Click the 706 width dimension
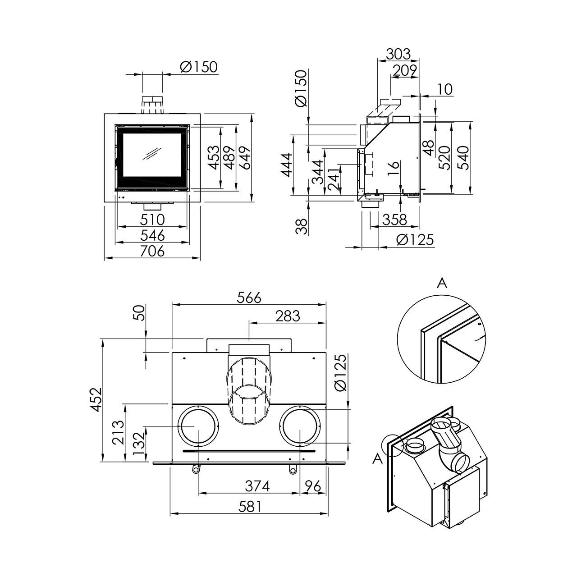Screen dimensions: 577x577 tap(152, 251)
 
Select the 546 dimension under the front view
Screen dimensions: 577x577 tap(152, 235)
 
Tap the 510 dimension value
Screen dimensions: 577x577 tap(152, 220)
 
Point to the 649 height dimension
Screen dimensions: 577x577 tap(244, 158)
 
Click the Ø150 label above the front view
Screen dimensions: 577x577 tap(198, 67)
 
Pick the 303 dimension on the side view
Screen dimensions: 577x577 tap(398, 54)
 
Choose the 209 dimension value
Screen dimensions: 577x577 tap(404, 70)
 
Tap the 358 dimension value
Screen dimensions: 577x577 tap(394, 220)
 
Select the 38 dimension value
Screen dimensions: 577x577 tap(302, 226)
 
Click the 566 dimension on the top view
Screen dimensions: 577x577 tap(249, 298)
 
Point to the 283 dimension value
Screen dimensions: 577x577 tap(288, 316)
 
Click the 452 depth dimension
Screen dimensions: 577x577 tap(96, 400)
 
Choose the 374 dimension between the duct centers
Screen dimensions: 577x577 tap(257, 486)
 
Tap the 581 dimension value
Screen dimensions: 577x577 tap(250, 507)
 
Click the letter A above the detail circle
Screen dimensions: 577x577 tap(442, 283)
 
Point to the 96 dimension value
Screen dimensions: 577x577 tap(313, 486)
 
